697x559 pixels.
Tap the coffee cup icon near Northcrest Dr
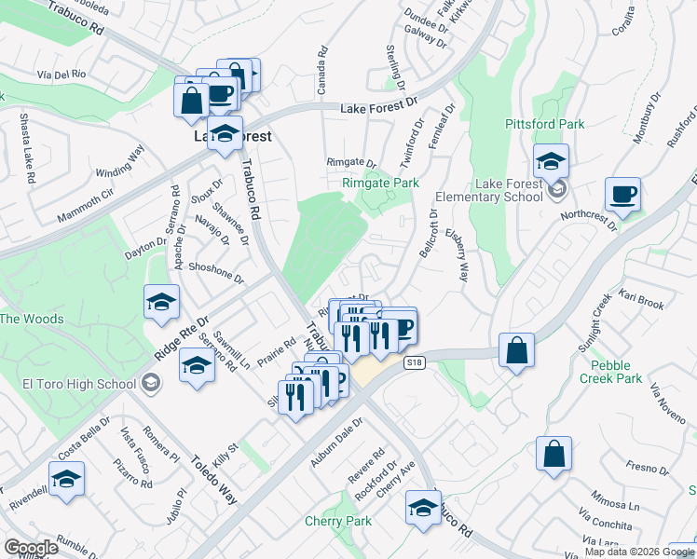click(x=622, y=196)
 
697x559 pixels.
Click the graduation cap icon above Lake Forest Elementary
click(x=551, y=161)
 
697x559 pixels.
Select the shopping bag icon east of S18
click(x=516, y=351)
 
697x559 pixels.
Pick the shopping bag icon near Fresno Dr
click(x=553, y=455)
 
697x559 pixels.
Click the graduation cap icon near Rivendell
click(x=66, y=479)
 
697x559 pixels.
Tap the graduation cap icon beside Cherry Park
click(x=423, y=509)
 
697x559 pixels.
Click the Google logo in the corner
click(x=32, y=548)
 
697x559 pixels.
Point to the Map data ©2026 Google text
click(x=639, y=552)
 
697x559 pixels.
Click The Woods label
click(x=32, y=319)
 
